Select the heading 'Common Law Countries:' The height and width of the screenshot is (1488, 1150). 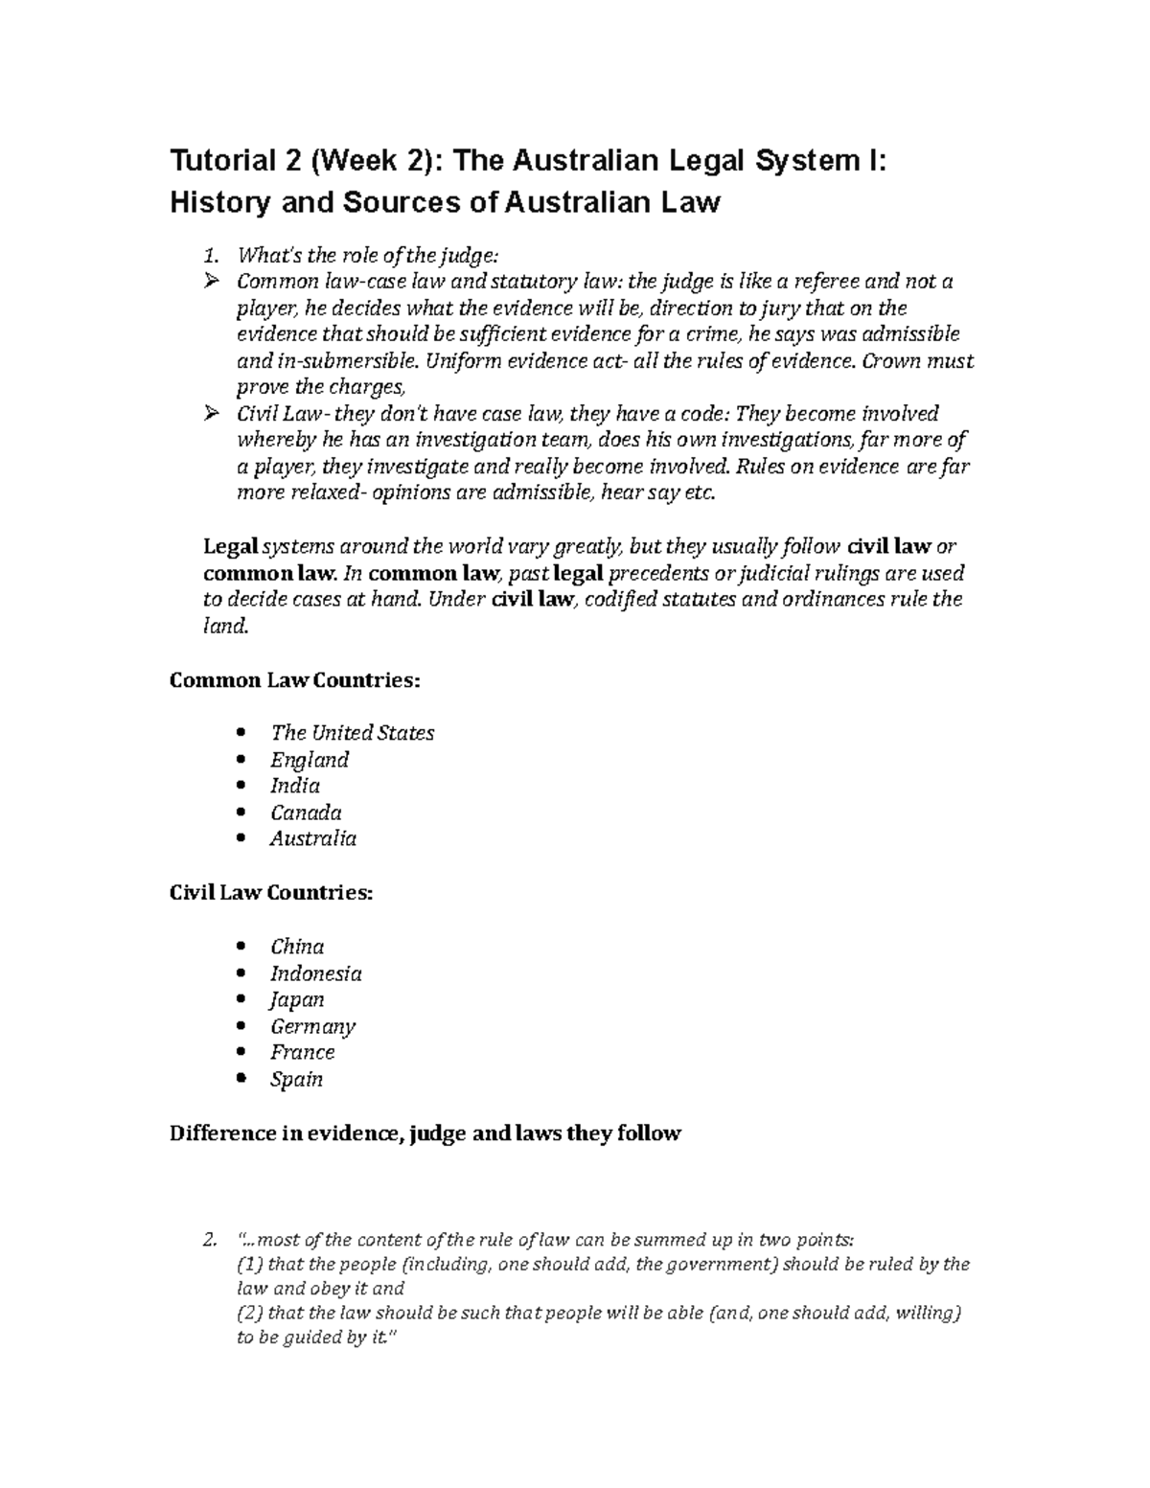tap(294, 680)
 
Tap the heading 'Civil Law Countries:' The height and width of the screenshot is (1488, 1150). tap(271, 893)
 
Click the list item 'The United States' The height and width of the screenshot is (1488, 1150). tap(352, 733)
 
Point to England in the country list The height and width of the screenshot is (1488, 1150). tap(309, 760)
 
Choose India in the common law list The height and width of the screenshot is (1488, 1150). tap(295, 786)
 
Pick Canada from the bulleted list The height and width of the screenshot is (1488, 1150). tap(306, 813)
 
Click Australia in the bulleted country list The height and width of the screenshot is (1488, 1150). tap(313, 838)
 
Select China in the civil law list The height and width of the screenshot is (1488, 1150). tap(297, 947)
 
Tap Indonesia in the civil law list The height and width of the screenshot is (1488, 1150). tap(316, 973)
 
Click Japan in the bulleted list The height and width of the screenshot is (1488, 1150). tap(297, 999)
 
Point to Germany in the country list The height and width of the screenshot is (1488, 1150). tap(312, 1026)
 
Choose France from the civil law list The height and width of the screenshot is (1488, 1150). tap(303, 1052)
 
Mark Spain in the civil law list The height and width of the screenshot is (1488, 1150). tap(296, 1079)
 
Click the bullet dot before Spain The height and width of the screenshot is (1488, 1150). tap(241, 1079)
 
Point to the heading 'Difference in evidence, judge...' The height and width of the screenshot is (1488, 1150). tap(425, 1133)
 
